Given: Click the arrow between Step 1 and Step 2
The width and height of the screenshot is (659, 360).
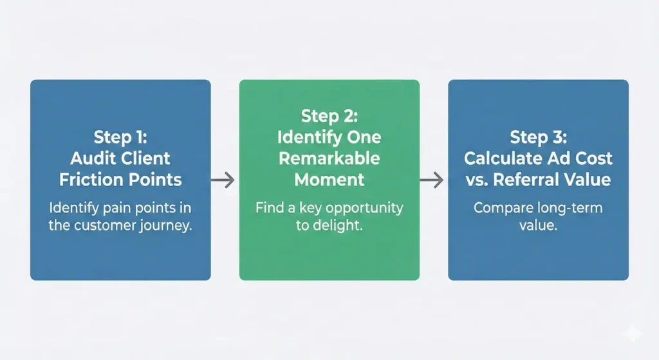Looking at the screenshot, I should pos(223,180).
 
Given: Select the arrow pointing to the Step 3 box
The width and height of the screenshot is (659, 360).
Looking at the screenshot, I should pos(432,180).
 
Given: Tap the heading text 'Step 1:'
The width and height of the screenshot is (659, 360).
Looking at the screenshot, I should pos(120,137).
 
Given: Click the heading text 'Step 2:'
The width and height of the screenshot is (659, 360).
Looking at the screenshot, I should pos(328,116).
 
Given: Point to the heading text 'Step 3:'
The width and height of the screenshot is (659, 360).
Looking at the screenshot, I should pos(537,137).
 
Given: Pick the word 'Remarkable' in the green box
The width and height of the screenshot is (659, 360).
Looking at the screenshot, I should pos(329,158).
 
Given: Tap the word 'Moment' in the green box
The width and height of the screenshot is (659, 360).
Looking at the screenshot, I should pos(329,179).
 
